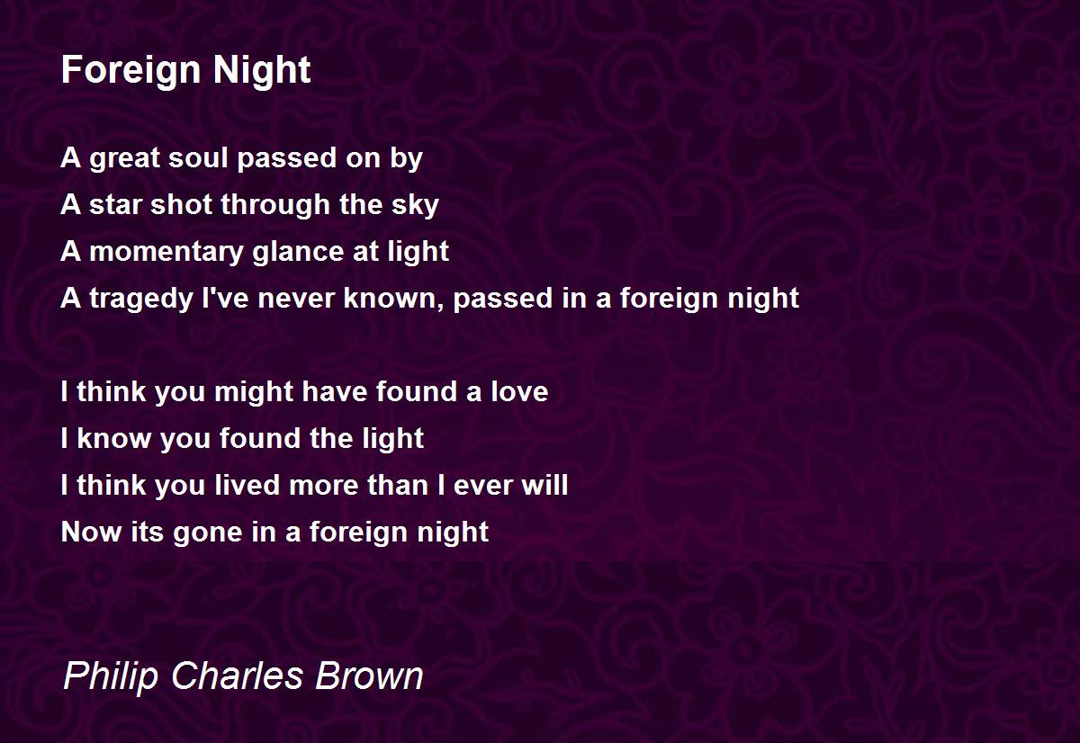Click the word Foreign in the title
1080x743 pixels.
130,71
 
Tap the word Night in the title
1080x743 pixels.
262,70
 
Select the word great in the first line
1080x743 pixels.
124,159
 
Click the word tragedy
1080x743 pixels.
141,300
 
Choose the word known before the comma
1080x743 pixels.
391,298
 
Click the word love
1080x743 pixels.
519,391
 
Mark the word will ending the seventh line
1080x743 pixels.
544,485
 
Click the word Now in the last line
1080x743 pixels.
92,533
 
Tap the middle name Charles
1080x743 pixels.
237,675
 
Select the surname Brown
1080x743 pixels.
369,675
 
